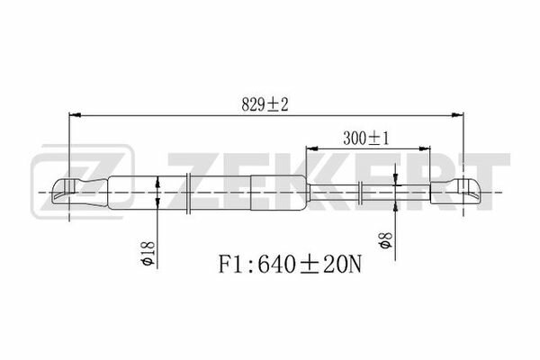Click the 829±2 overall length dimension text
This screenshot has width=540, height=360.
pos(265,104)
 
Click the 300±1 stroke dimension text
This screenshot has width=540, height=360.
pos(365,139)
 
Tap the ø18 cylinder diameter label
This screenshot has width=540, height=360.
pos(148,253)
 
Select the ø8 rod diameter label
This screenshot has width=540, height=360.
pos(385,240)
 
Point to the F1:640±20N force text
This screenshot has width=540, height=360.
pos(290,265)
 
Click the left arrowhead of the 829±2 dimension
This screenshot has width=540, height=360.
pos(75,114)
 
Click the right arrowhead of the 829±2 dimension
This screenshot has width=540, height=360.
pos(458,114)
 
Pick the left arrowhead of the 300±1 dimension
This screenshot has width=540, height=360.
pos(311,148)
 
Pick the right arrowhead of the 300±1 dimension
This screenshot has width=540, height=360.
pos(425,148)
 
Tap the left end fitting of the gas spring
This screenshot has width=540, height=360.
pos(80,193)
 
